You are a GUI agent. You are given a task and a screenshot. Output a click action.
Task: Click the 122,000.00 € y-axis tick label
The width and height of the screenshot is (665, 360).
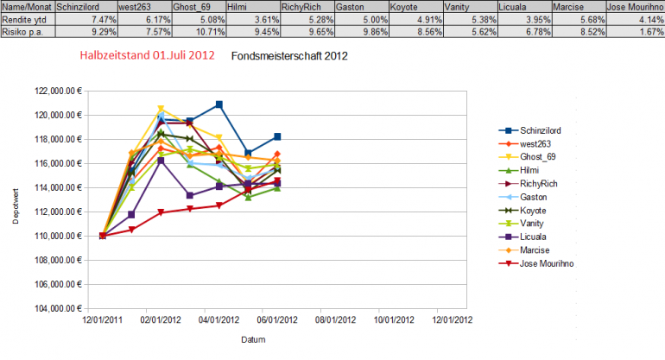60,91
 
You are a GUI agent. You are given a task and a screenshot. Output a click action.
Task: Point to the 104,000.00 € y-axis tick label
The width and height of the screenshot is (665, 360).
60,308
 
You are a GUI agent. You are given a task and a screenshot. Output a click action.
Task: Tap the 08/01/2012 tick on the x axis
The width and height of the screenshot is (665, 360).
334,319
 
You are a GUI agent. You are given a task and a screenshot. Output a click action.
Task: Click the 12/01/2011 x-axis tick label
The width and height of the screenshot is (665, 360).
101,319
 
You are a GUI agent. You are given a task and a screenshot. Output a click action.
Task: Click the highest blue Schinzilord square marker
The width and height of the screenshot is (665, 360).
219,104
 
